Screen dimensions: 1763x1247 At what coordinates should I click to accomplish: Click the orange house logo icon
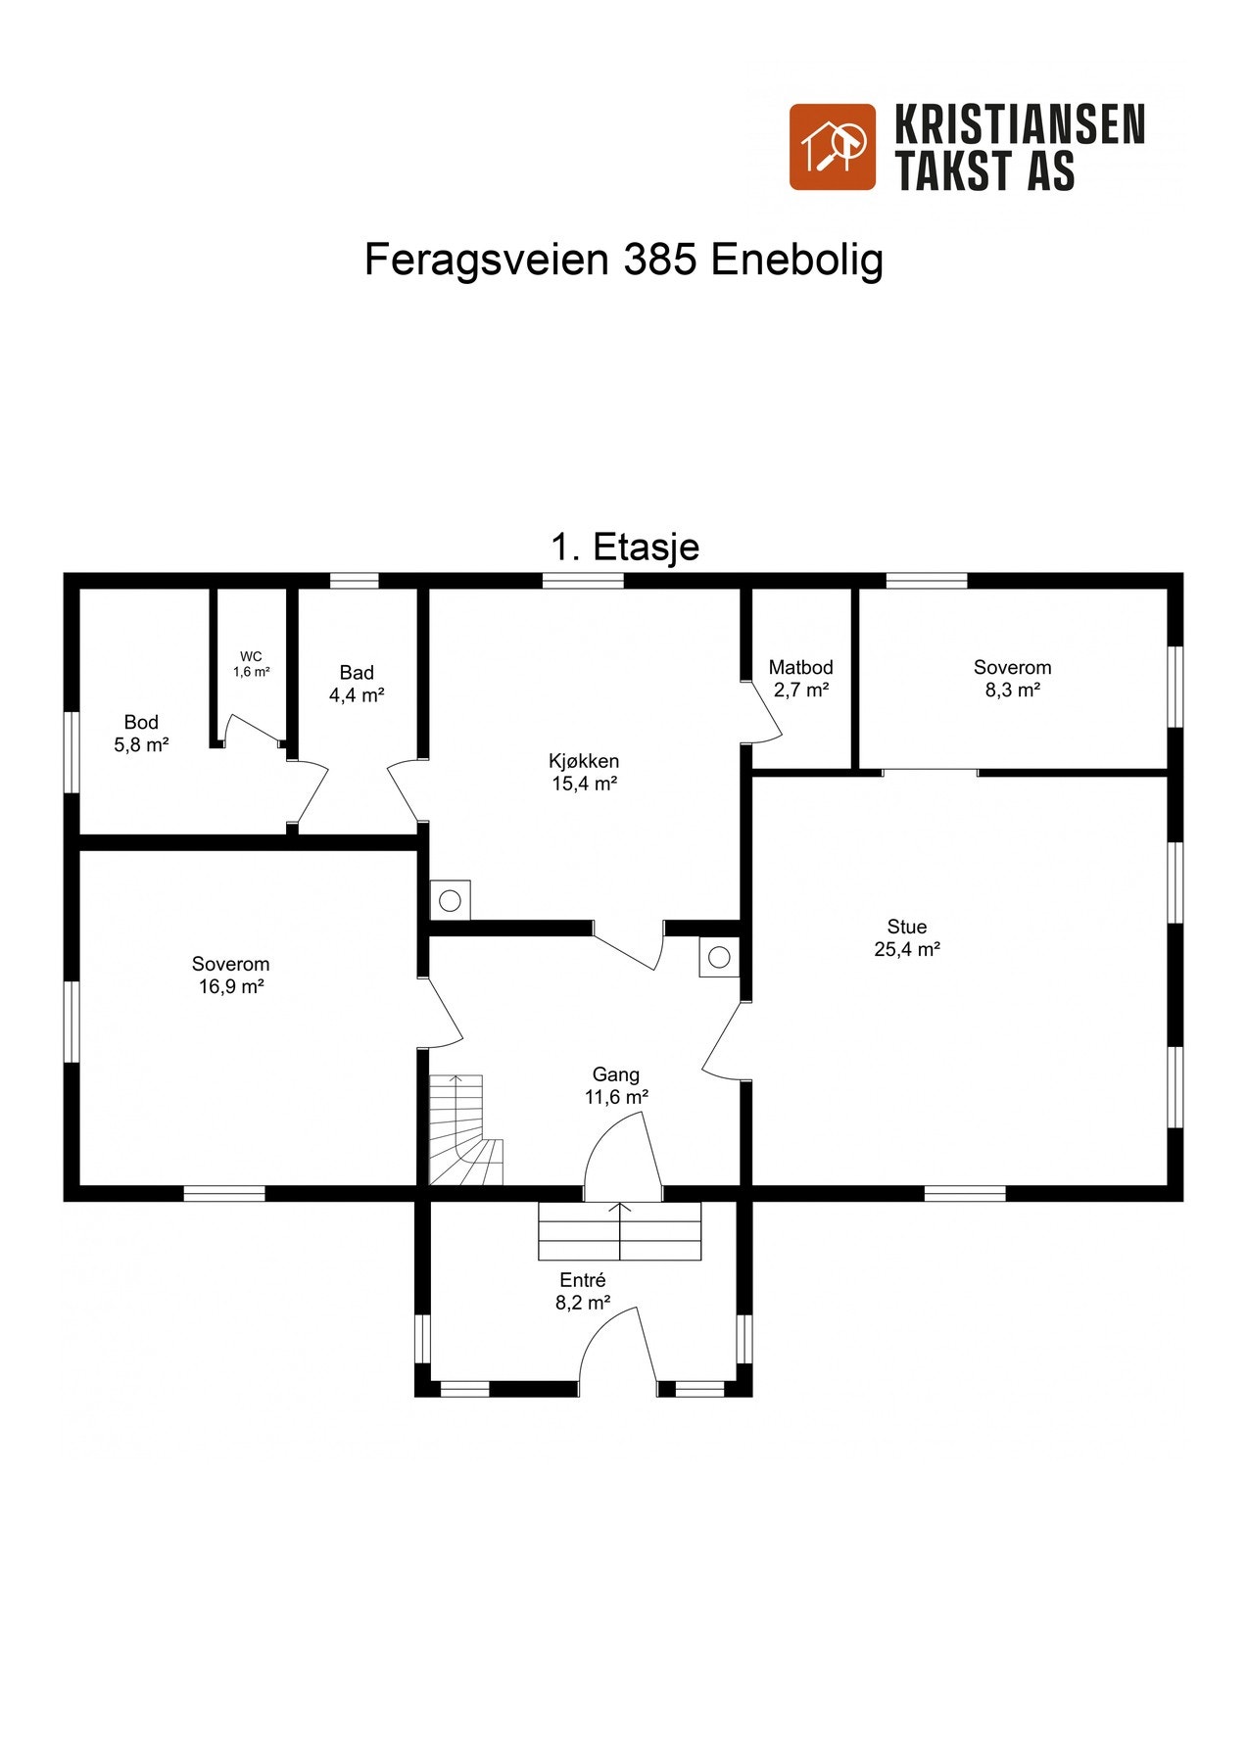pos(832,147)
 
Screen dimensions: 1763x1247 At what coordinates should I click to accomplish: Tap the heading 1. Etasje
pos(625,547)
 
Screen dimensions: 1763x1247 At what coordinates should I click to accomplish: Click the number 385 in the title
pos(659,260)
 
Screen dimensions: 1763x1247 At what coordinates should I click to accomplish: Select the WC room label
pos(251,663)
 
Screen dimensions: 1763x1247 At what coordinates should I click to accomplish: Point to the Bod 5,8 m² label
pos(141,733)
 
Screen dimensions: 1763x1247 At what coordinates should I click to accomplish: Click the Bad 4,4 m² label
pos(357,683)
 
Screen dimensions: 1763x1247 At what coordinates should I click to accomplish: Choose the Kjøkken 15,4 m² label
pos(584,771)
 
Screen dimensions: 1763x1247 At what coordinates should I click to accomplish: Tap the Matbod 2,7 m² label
pos(800,678)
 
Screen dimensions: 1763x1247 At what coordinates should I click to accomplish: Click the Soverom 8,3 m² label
pos(1012,678)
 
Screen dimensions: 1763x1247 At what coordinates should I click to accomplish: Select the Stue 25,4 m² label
pos(907,936)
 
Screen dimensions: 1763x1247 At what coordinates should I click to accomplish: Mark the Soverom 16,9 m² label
pos(230,975)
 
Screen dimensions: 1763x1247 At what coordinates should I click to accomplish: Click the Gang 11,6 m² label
pos(615,1085)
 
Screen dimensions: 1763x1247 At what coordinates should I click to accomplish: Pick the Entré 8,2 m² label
pos(583,1290)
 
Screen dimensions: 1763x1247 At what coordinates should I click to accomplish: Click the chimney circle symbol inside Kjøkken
pos(450,900)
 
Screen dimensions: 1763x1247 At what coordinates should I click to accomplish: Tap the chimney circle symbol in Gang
pos(719,957)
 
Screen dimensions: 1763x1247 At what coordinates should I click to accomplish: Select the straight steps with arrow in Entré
pos(619,1231)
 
